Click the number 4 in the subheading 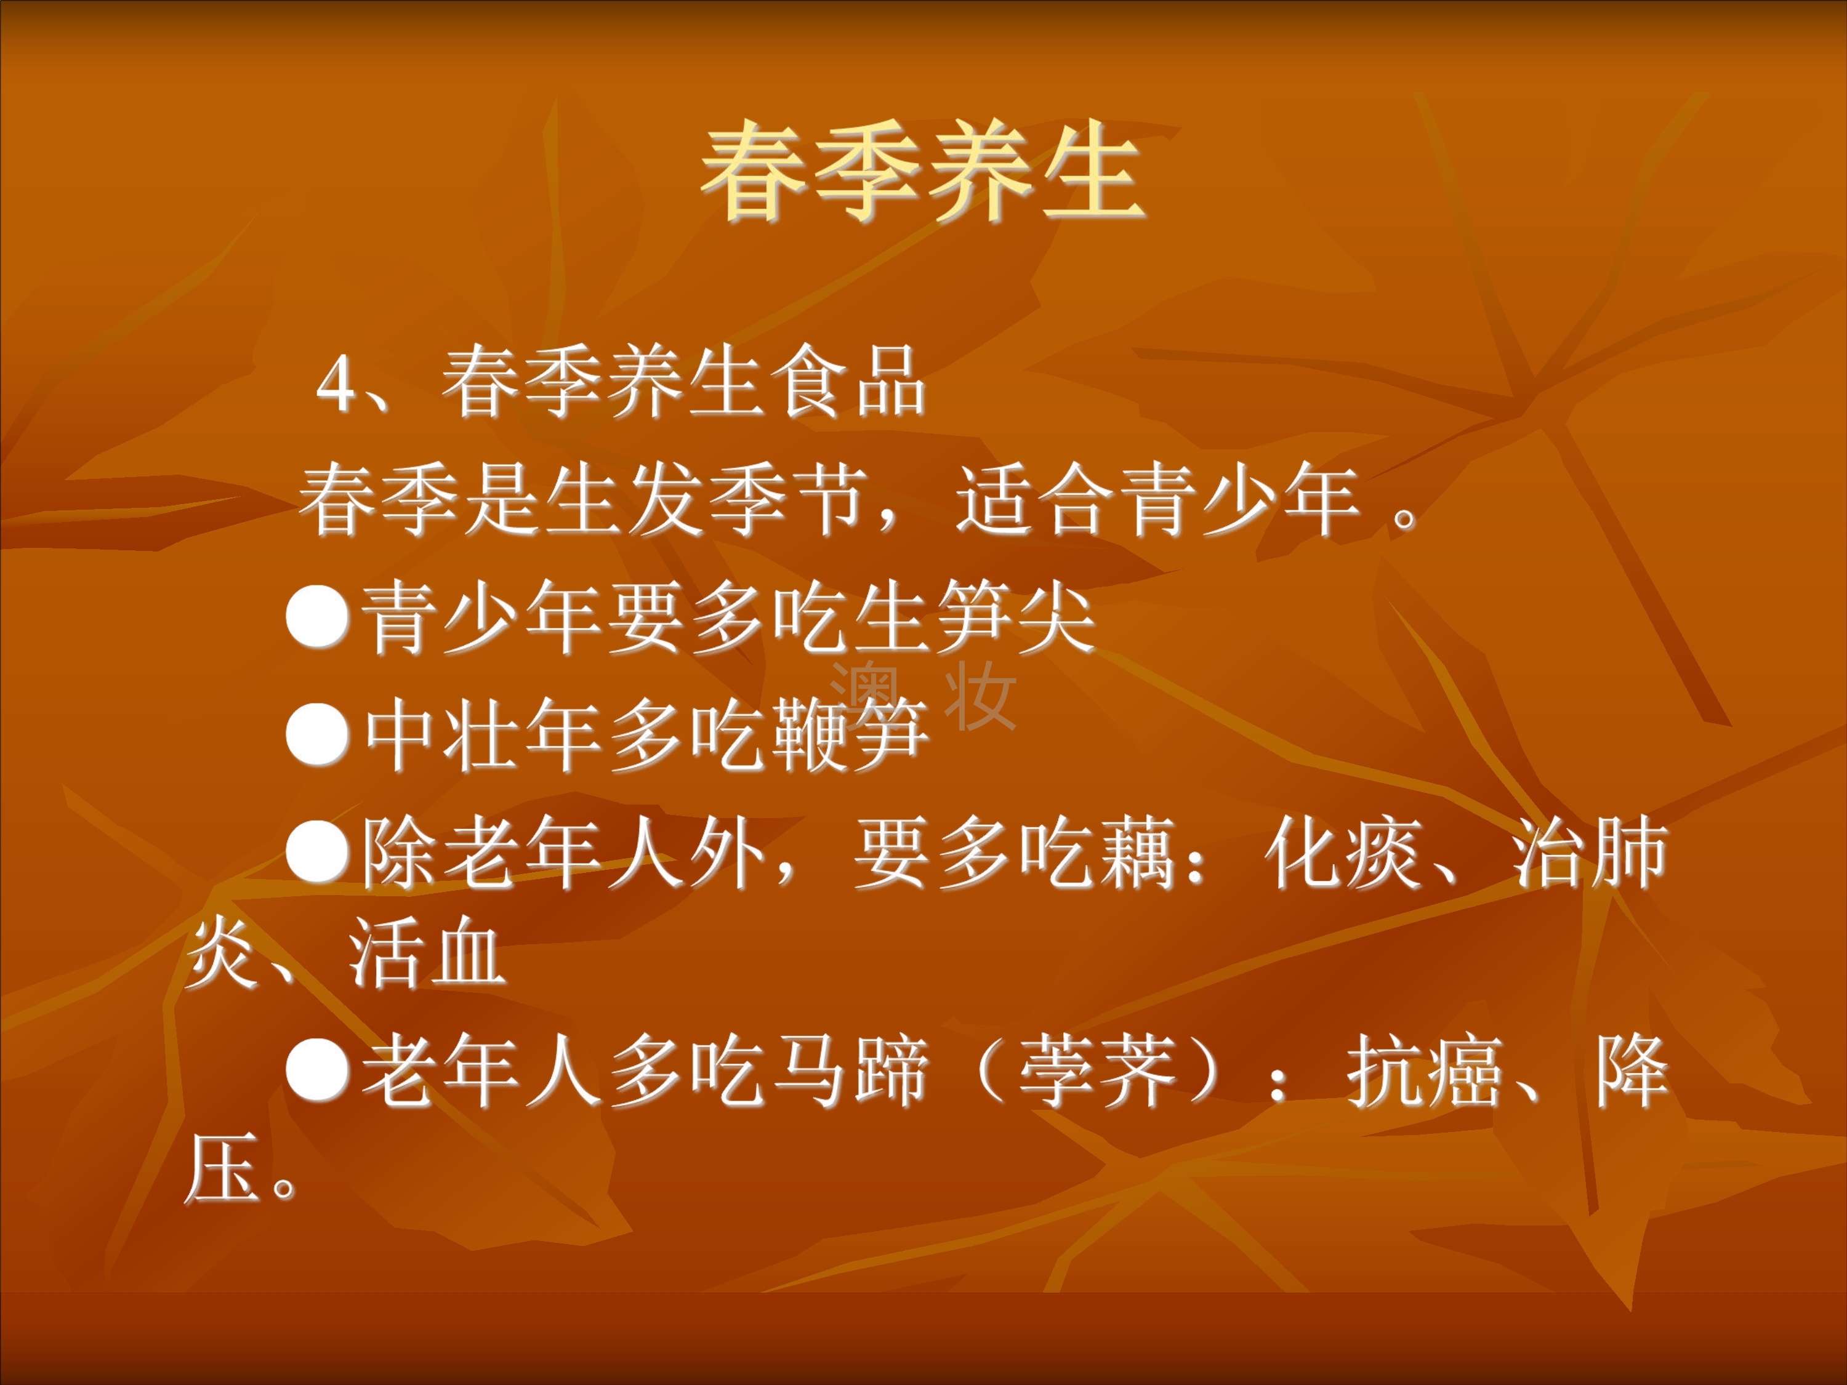click(x=337, y=384)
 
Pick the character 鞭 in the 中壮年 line click(x=808, y=734)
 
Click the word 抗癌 click(x=1425, y=1071)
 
